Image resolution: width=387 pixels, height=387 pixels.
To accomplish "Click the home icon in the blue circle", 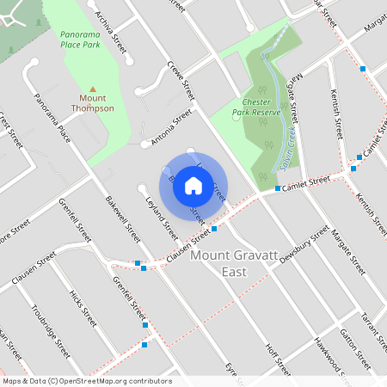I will [193, 186].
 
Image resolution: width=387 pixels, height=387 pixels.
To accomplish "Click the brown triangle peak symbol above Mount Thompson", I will [92, 88].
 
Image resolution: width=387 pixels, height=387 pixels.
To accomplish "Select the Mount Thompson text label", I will [92, 103].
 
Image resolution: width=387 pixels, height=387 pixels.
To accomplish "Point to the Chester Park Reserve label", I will [257, 106].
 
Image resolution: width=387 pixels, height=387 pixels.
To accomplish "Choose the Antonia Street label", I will [171, 126].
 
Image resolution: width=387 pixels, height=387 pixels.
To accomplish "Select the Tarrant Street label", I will [372, 326].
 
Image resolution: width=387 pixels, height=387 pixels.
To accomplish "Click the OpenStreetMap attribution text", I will [86, 381].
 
